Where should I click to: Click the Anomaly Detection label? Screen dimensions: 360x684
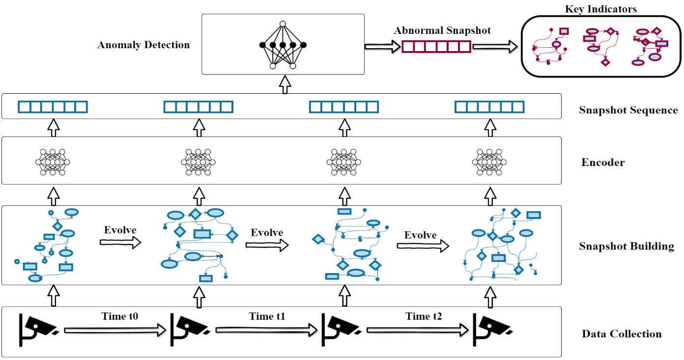[x=143, y=45]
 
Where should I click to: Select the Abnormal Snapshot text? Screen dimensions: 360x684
[x=442, y=30]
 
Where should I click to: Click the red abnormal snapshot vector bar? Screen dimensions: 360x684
[x=436, y=47]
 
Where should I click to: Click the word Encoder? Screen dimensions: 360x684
[x=603, y=162]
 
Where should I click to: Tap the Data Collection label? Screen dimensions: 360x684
[x=622, y=334]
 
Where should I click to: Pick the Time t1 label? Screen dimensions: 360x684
[x=267, y=316]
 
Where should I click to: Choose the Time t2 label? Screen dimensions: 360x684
[x=424, y=316]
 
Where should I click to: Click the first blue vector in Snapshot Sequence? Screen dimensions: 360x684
[x=52, y=107]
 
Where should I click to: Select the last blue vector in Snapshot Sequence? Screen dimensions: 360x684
[x=489, y=107]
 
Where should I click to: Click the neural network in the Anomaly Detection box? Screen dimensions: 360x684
[x=283, y=45]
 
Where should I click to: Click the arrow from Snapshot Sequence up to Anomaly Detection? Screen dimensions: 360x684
[x=283, y=84]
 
